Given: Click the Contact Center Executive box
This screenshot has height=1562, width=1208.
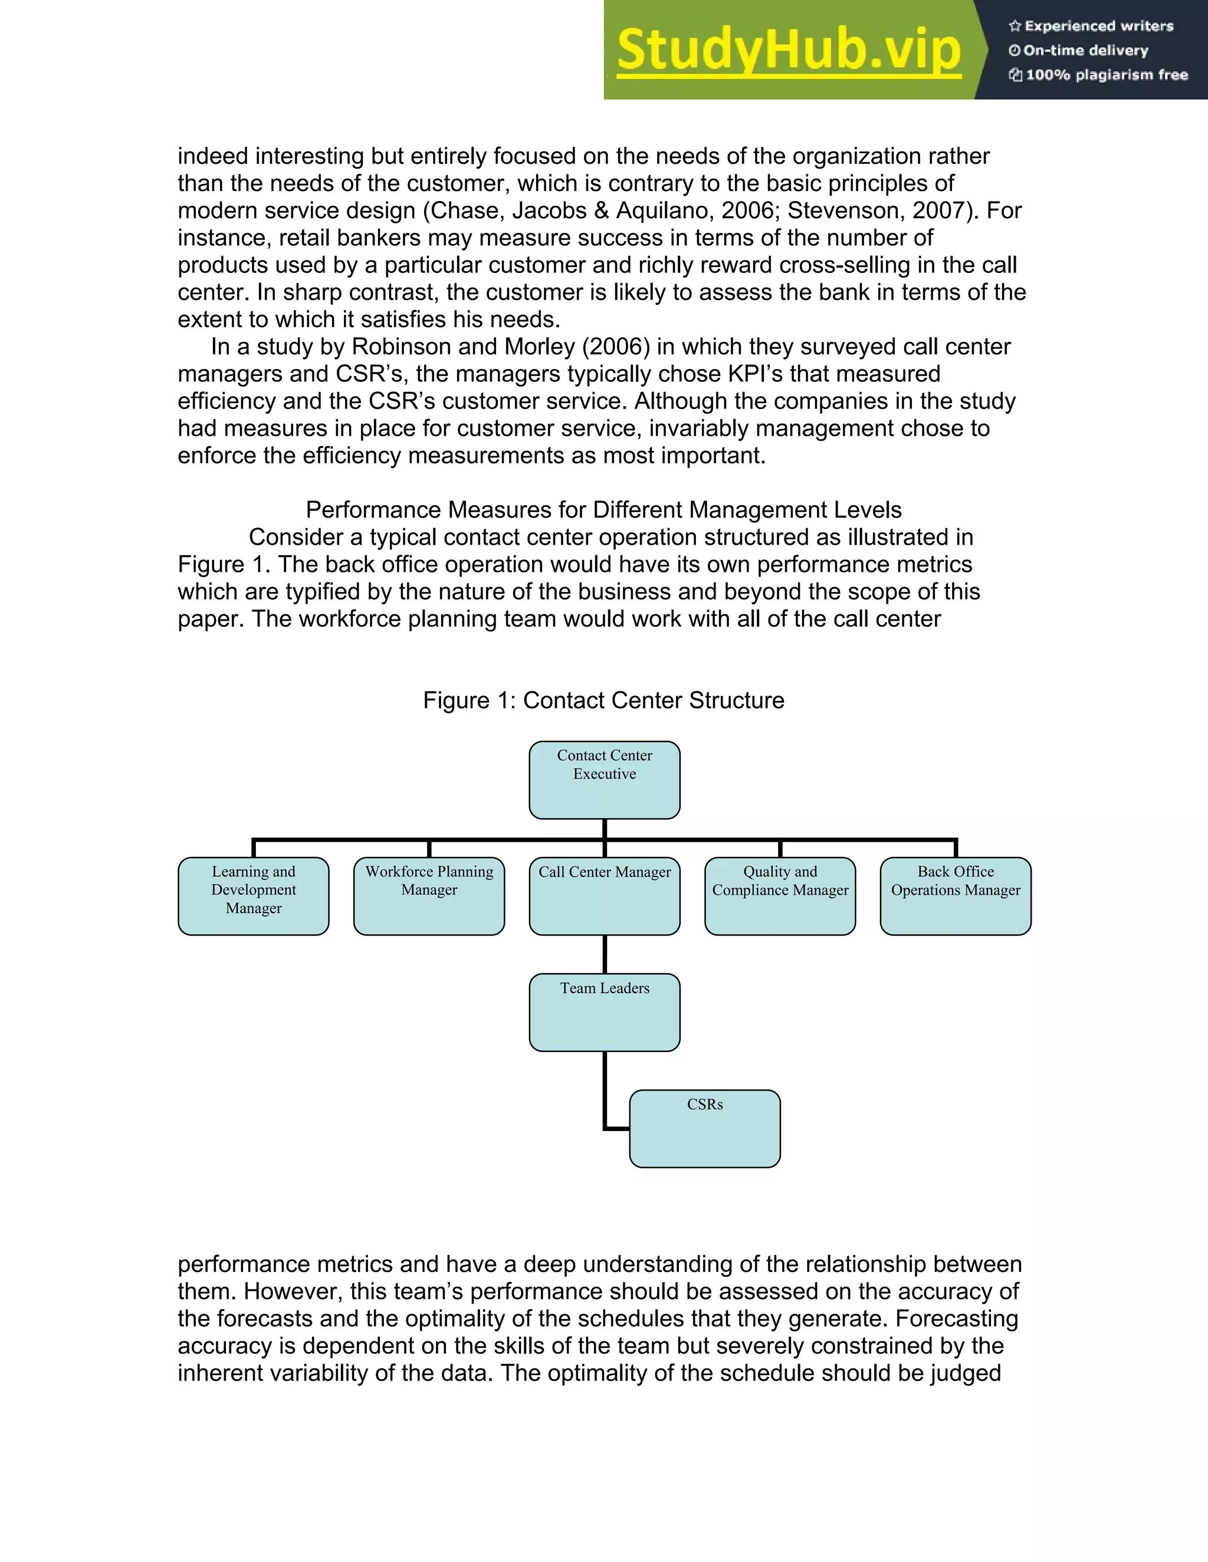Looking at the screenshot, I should pyautogui.click(x=604, y=780).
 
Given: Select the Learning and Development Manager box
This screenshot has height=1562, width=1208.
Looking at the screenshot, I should pyautogui.click(x=253, y=895).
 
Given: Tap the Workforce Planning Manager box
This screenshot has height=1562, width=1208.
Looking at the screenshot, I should pyautogui.click(x=429, y=895).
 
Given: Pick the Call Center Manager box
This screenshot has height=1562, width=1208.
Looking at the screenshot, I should pyautogui.click(x=604, y=895).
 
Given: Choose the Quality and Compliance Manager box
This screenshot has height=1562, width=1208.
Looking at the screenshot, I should pyautogui.click(x=779, y=895).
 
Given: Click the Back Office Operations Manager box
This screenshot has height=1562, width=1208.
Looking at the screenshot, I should pyautogui.click(x=956, y=895).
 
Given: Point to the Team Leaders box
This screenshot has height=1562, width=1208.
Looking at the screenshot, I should pyautogui.click(x=604, y=1012).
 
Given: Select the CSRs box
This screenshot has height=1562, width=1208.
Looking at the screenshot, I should pyautogui.click(x=705, y=1129).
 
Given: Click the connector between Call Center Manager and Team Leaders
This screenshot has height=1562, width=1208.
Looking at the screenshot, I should pyautogui.click(x=605, y=954).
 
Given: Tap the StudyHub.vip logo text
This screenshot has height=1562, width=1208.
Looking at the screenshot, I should pyautogui.click(x=788, y=50).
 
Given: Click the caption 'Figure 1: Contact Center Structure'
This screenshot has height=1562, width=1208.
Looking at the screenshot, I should pyautogui.click(x=603, y=700).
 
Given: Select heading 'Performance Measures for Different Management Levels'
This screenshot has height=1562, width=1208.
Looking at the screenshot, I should pyautogui.click(x=603, y=510).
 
